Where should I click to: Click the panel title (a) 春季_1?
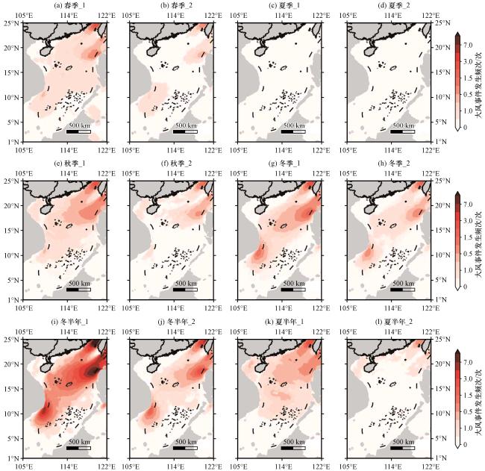point(69,5)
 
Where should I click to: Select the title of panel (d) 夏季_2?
point(394,5)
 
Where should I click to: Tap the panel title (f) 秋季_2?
point(176,163)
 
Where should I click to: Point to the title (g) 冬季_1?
point(285,163)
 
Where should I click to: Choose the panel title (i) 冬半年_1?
point(69,322)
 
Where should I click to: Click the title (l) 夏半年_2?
point(394,322)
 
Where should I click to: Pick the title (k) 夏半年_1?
point(285,322)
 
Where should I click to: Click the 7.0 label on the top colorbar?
point(468,46)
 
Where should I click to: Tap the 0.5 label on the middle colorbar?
point(468,254)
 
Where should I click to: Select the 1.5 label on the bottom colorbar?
point(468,395)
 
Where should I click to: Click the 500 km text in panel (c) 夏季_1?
point(294,125)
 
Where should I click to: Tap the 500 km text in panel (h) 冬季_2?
point(403,283)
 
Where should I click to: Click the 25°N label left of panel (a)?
point(11,23)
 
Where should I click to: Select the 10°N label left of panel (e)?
point(11,255)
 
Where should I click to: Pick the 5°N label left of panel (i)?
point(13,438)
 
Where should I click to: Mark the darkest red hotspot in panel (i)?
point(93,371)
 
